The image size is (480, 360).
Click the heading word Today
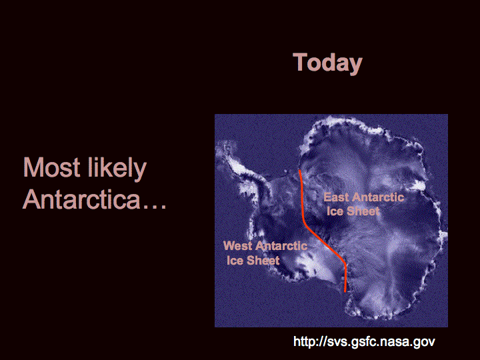click(327, 63)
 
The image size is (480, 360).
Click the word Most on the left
click(51, 167)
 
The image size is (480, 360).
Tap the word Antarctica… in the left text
click(95, 199)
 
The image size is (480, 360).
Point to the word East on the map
click(336, 197)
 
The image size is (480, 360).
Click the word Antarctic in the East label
click(378, 197)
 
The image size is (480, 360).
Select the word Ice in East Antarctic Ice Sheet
click(335, 211)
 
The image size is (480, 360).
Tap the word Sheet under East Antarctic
click(363, 211)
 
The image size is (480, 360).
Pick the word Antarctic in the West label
click(281, 246)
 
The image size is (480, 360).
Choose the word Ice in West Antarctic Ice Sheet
click(235, 260)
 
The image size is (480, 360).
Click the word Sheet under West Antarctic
click(263, 260)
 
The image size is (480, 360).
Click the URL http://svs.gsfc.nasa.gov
click(364, 341)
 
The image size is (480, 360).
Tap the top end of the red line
click(299, 170)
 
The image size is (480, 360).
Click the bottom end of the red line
click(345, 292)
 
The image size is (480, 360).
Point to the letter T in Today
click(300, 62)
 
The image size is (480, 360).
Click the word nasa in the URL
click(397, 342)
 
